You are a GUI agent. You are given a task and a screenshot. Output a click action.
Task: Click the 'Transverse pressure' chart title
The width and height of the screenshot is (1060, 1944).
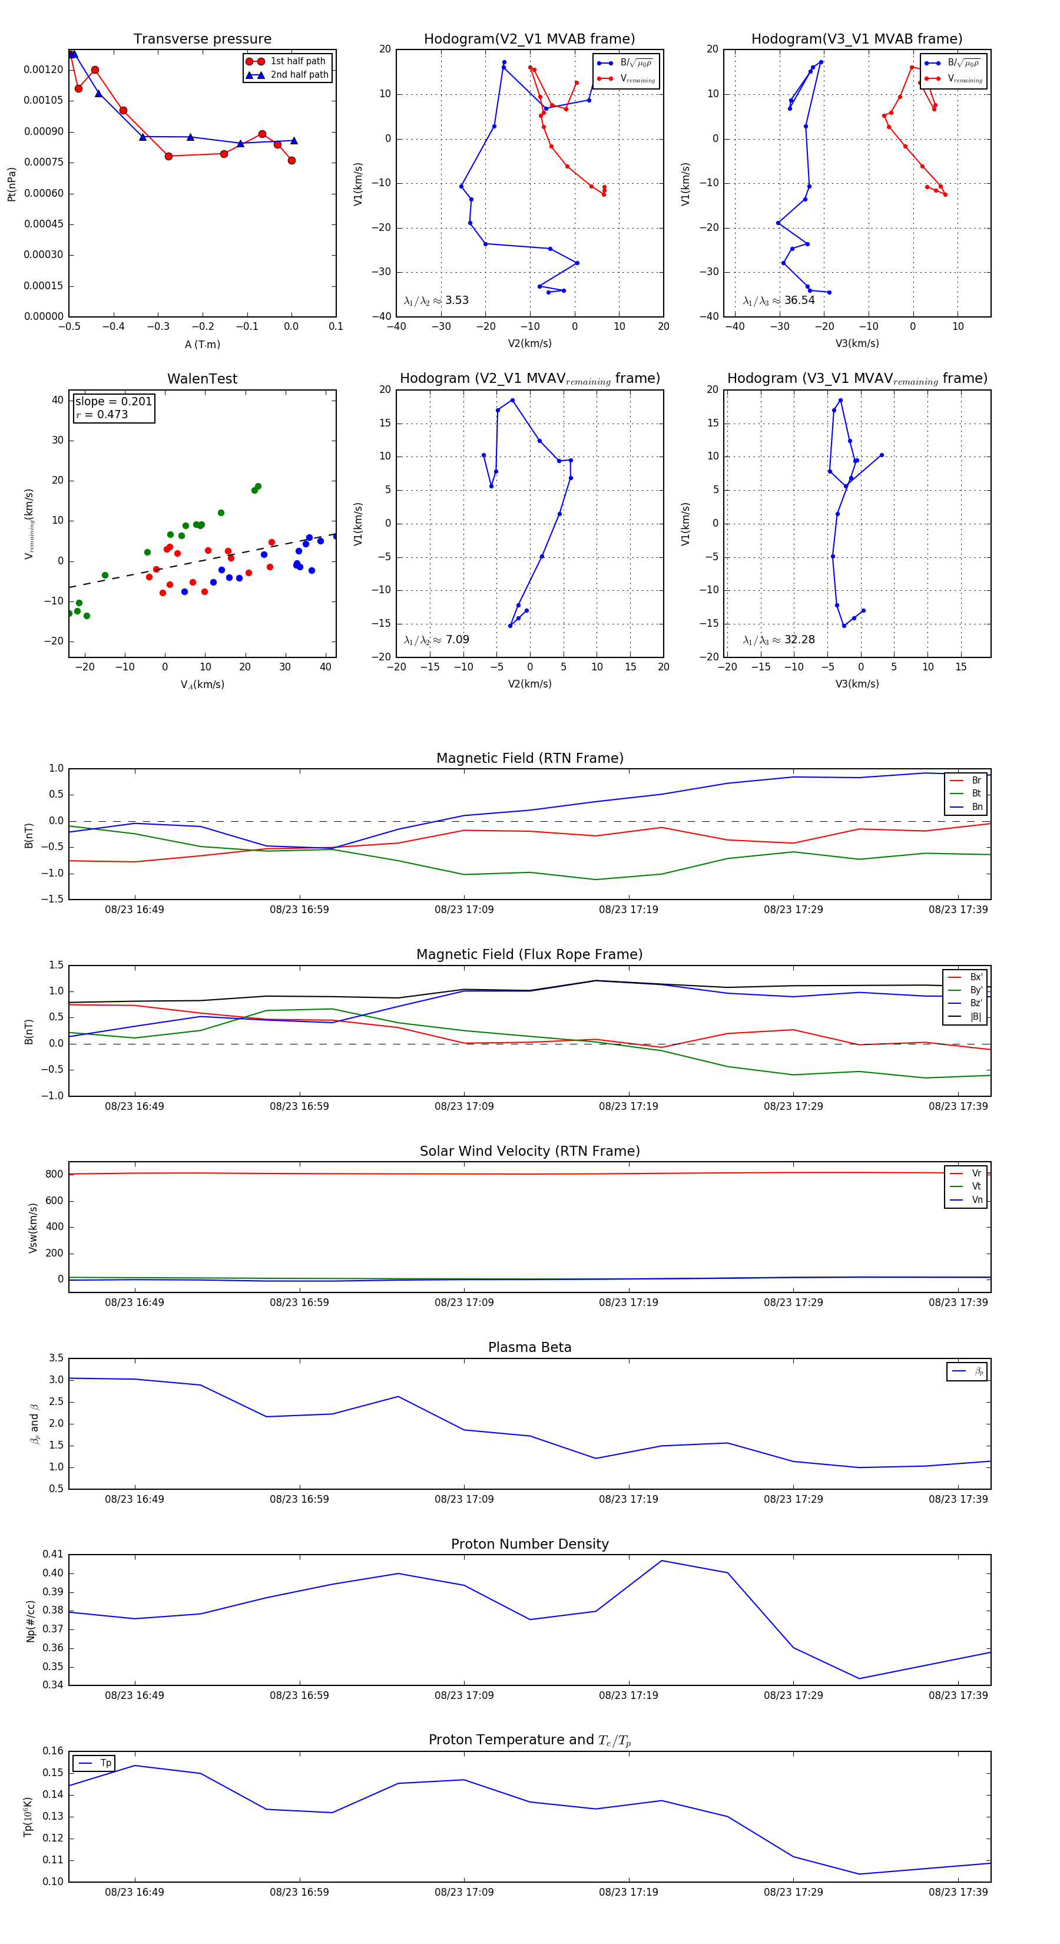click(x=202, y=39)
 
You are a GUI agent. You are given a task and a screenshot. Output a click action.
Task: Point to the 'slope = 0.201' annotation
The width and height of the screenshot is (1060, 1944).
click(x=113, y=402)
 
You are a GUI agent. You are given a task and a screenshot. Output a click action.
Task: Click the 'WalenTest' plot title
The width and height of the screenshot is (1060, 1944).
click(x=202, y=379)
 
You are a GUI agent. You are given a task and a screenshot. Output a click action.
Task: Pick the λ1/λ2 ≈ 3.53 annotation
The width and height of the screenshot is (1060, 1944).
click(x=436, y=300)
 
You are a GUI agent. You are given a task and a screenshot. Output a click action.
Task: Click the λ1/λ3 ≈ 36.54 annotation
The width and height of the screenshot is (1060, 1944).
click(x=779, y=300)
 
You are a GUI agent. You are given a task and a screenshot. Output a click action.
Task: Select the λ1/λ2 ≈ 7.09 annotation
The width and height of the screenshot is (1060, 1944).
click(x=436, y=640)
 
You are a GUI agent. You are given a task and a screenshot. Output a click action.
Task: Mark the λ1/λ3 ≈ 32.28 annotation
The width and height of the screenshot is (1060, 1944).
click(x=779, y=640)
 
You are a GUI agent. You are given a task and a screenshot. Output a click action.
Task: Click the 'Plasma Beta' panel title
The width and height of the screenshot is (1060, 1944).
click(x=529, y=1347)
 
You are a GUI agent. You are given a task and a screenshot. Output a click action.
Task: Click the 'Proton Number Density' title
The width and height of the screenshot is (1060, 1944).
click(x=529, y=1544)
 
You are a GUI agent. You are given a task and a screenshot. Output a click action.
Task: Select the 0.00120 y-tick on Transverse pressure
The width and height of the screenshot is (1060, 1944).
click(x=44, y=70)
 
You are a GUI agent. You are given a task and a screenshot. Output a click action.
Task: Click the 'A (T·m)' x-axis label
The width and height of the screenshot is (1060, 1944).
click(x=202, y=344)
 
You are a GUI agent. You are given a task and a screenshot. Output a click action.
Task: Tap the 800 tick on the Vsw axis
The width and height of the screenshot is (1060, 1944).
click(x=54, y=1174)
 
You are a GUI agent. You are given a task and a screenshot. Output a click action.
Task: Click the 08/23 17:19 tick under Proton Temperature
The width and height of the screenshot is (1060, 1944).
click(x=628, y=1892)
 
